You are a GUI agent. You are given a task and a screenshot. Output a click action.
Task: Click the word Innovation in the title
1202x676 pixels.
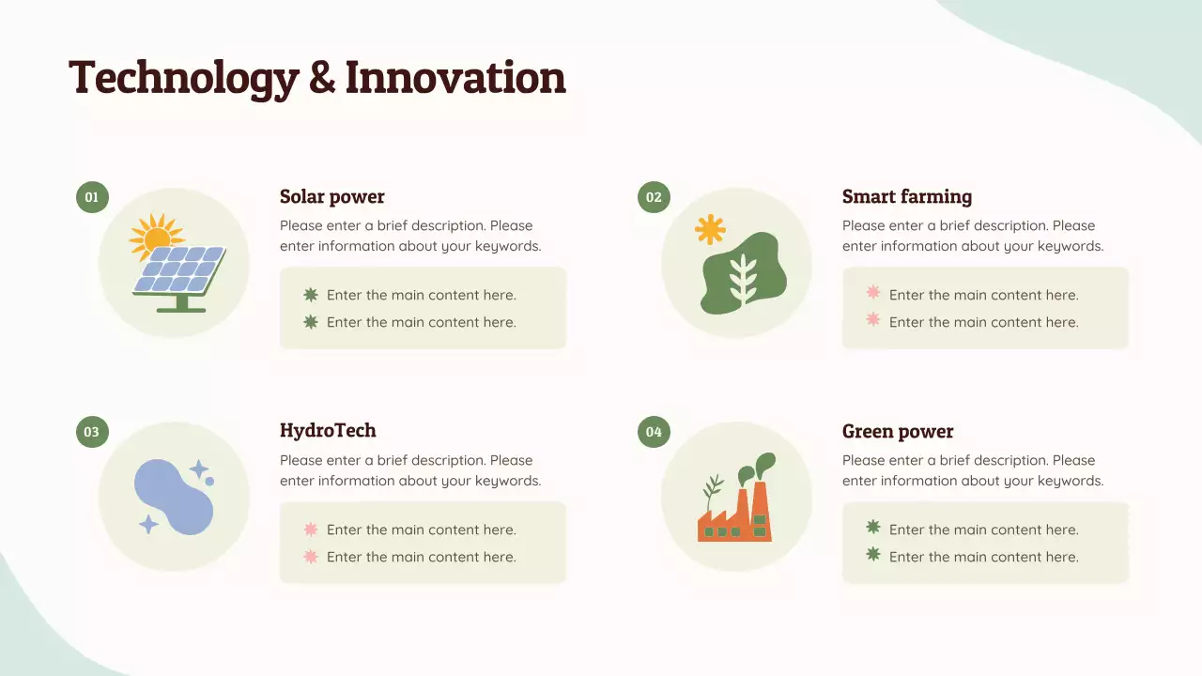455,77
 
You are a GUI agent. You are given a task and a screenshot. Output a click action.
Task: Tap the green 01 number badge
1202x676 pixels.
92,197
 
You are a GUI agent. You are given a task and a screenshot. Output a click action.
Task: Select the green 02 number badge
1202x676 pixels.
654,197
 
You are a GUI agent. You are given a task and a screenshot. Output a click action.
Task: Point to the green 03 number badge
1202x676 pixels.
92,432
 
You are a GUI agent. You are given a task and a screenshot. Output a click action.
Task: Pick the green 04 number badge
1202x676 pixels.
654,432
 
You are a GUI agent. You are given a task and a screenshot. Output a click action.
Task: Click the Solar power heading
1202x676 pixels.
332,196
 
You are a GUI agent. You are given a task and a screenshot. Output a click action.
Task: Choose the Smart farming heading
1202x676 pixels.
907,196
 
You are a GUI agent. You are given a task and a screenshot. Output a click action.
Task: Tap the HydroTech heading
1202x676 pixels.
328,430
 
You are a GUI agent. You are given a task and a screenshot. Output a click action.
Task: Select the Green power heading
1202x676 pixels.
898,431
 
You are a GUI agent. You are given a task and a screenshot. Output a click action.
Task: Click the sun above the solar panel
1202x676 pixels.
155,234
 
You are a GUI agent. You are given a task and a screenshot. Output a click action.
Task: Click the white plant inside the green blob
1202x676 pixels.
743,278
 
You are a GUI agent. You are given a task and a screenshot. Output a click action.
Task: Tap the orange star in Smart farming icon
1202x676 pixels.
710,229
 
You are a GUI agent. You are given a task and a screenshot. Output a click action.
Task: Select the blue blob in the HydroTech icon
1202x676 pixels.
173,498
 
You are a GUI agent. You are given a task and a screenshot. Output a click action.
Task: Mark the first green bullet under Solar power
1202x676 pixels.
311,295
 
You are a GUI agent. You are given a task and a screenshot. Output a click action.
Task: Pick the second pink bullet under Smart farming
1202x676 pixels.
873,320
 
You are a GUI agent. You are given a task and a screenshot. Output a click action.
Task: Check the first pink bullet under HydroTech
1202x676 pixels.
311,530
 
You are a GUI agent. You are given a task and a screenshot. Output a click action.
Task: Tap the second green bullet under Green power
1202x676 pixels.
873,555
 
